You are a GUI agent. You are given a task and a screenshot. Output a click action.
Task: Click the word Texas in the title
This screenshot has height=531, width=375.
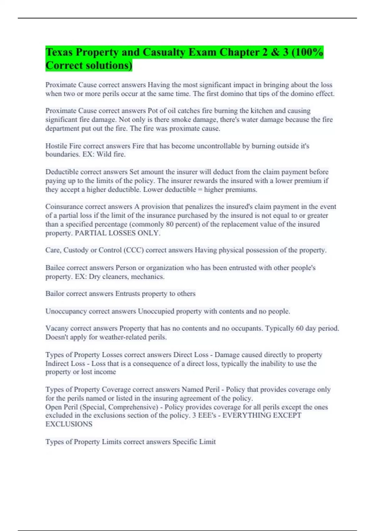59,52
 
